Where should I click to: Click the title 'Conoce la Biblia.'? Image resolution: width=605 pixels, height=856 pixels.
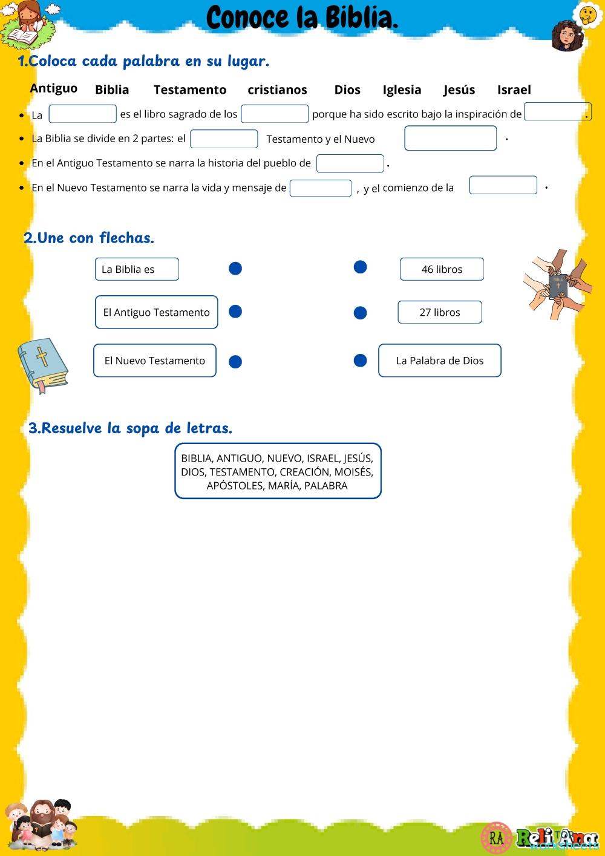pyautogui.click(x=302, y=18)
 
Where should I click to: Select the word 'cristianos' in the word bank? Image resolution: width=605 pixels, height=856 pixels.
pyautogui.click(x=277, y=90)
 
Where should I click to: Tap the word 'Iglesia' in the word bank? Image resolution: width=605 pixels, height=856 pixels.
pyautogui.click(x=402, y=90)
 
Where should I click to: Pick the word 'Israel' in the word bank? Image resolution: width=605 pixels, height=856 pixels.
pyautogui.click(x=514, y=90)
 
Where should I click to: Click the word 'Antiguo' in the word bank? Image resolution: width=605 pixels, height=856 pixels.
pyautogui.click(x=54, y=88)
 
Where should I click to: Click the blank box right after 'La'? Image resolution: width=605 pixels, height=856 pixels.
pyautogui.click(x=82, y=114)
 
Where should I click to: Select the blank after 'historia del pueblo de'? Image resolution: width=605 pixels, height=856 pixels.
pyautogui.click(x=350, y=163)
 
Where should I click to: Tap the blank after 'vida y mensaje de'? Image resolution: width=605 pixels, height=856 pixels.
pyautogui.click(x=320, y=188)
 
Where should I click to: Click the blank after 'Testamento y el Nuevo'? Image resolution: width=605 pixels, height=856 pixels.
pyautogui.click(x=450, y=139)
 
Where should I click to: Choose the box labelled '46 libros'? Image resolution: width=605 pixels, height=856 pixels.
pyautogui.click(x=442, y=269)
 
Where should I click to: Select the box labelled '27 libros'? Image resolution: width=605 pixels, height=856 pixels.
pyautogui.click(x=440, y=312)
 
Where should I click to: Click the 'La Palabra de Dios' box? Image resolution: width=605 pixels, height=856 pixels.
pyautogui.click(x=440, y=361)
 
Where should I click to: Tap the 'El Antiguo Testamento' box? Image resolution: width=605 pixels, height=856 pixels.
pyautogui.click(x=156, y=312)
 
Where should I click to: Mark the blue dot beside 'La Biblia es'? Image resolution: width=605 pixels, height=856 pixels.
pyautogui.click(x=235, y=268)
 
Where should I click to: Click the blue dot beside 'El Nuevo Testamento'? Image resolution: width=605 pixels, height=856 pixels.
pyautogui.click(x=235, y=361)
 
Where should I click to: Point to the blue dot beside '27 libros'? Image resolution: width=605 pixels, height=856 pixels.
pyautogui.click(x=360, y=313)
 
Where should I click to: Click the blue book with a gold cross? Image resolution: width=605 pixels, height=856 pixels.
pyautogui.click(x=43, y=365)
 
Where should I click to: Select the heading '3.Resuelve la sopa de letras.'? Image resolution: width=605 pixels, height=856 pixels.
pyautogui.click(x=130, y=428)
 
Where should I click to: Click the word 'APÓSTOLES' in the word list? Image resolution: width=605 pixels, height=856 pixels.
pyautogui.click(x=234, y=486)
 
